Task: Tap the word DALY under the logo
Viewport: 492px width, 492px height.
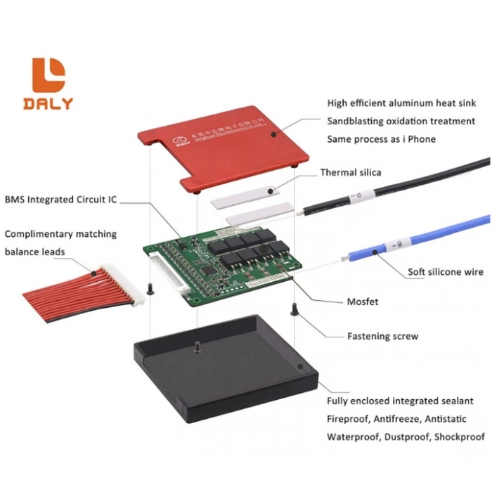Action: pos(48,103)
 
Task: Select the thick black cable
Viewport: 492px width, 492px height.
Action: pos(422,179)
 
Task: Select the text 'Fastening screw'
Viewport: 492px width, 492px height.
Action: pos(382,336)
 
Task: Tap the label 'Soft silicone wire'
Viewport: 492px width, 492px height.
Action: pos(446,272)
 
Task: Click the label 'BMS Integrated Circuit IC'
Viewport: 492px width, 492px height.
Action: pos(60,200)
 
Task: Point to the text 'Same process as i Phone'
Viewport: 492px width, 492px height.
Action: pos(381,139)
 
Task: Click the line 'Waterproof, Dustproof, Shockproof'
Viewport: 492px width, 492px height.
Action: pos(406,436)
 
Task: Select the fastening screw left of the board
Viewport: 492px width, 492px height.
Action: pos(150,288)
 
